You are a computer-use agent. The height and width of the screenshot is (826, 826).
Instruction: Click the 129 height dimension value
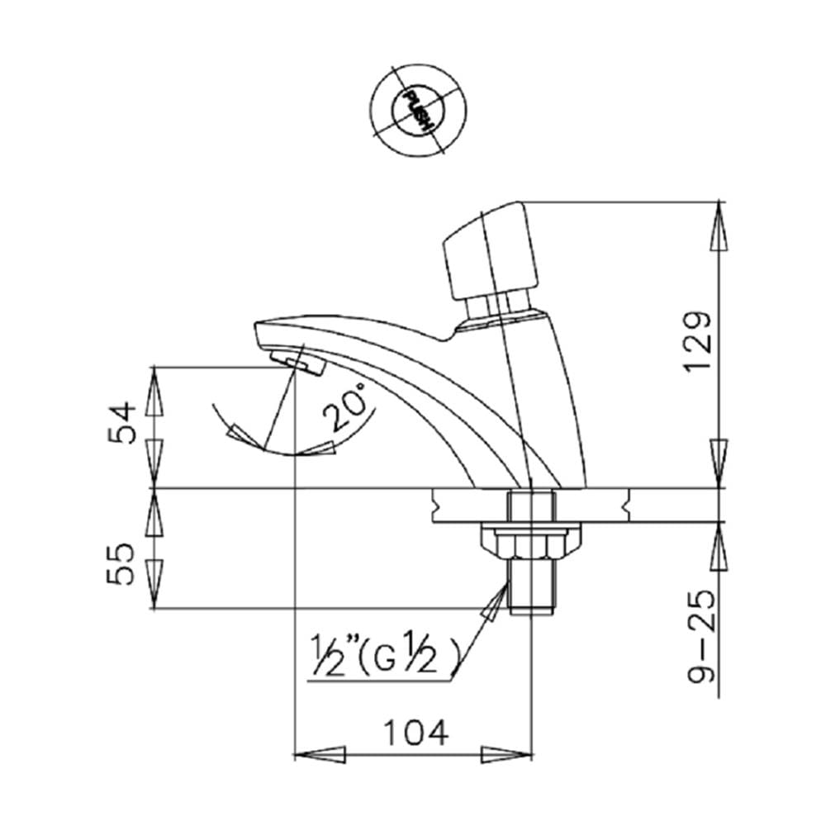(699, 342)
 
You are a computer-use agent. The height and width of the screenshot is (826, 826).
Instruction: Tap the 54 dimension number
(122, 422)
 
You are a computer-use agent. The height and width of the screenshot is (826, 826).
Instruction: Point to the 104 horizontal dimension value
(415, 732)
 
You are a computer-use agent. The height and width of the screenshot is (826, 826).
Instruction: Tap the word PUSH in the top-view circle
(418, 111)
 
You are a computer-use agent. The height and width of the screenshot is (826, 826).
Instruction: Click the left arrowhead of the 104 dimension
(320, 754)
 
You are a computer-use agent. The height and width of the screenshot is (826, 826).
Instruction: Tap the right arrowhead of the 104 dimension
(506, 754)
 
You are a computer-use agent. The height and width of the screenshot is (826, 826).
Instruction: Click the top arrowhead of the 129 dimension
(719, 225)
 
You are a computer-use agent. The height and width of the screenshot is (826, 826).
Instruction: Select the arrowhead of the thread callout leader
(495, 602)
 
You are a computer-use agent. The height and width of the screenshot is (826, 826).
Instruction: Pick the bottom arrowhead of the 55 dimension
(154, 584)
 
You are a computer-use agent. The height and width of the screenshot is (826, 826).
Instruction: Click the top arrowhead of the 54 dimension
(154, 391)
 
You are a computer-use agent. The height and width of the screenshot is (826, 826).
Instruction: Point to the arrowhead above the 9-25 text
(719, 546)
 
